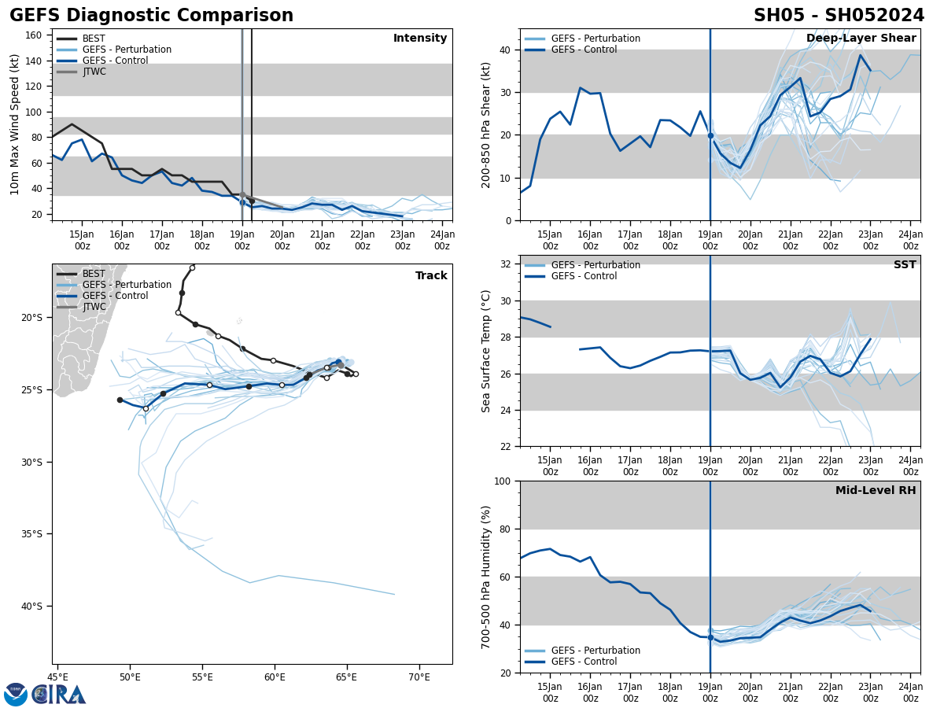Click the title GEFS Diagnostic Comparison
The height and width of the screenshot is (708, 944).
point(151,16)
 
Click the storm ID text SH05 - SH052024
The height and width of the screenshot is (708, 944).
point(839,16)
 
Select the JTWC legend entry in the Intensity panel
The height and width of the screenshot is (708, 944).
point(94,72)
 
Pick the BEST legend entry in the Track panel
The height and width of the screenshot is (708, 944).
point(94,274)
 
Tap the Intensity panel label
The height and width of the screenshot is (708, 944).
point(420,39)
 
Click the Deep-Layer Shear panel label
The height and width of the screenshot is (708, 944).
point(861,39)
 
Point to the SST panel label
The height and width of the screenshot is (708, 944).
point(905,265)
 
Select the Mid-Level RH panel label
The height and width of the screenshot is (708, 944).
point(876,491)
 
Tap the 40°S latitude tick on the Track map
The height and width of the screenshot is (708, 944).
point(31,606)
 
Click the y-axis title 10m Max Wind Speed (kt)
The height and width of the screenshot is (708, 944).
point(15,124)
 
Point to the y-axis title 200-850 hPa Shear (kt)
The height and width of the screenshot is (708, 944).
point(486,124)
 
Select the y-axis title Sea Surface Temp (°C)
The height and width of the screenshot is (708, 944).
point(486,351)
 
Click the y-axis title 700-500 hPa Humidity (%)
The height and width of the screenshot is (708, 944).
point(486,577)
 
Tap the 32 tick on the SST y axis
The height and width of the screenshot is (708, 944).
point(505,264)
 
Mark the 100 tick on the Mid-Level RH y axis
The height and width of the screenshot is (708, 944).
point(502,481)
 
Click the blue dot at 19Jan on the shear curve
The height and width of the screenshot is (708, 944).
point(710,135)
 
